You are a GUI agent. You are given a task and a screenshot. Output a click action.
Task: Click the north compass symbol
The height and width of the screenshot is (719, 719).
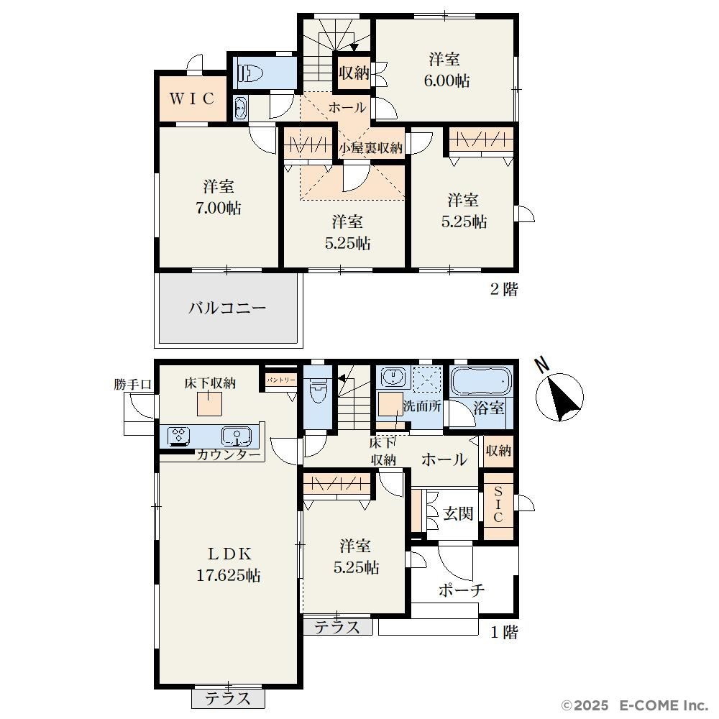tap(559, 393)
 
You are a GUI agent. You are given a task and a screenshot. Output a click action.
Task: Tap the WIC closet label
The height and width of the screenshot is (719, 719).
tap(192, 98)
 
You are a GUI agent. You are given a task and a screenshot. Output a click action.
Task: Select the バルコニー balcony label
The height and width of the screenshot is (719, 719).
tap(227, 307)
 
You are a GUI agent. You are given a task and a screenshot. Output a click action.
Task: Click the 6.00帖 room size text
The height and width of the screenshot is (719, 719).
tap(446, 81)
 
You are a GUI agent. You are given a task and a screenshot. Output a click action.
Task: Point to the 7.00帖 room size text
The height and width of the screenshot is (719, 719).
tap(219, 209)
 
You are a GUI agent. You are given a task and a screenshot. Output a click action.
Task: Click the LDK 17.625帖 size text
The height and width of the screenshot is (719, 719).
tap(229, 575)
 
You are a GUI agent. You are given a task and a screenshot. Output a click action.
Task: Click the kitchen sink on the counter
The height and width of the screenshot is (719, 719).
tap(237, 436)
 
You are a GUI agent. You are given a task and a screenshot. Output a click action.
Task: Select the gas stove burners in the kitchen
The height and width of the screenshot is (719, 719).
tap(179, 436)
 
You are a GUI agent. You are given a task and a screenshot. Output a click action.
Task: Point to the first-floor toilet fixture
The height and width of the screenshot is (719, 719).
tap(318, 389)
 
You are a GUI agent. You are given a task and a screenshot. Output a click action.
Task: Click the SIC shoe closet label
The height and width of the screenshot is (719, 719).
tap(498, 505)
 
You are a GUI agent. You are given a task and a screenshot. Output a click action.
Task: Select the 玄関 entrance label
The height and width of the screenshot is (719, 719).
tap(458, 513)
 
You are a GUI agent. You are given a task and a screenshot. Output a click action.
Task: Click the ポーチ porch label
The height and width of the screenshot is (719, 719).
tap(462, 590)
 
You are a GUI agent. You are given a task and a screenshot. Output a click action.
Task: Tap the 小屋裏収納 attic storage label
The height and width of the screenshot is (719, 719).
tap(370, 148)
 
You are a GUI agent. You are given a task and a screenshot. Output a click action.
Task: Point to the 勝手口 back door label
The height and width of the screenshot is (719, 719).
tap(132, 384)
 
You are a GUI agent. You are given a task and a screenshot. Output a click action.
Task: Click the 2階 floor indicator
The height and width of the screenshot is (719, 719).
tap(504, 289)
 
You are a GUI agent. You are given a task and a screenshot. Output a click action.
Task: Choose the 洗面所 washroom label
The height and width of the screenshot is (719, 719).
tap(422, 406)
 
